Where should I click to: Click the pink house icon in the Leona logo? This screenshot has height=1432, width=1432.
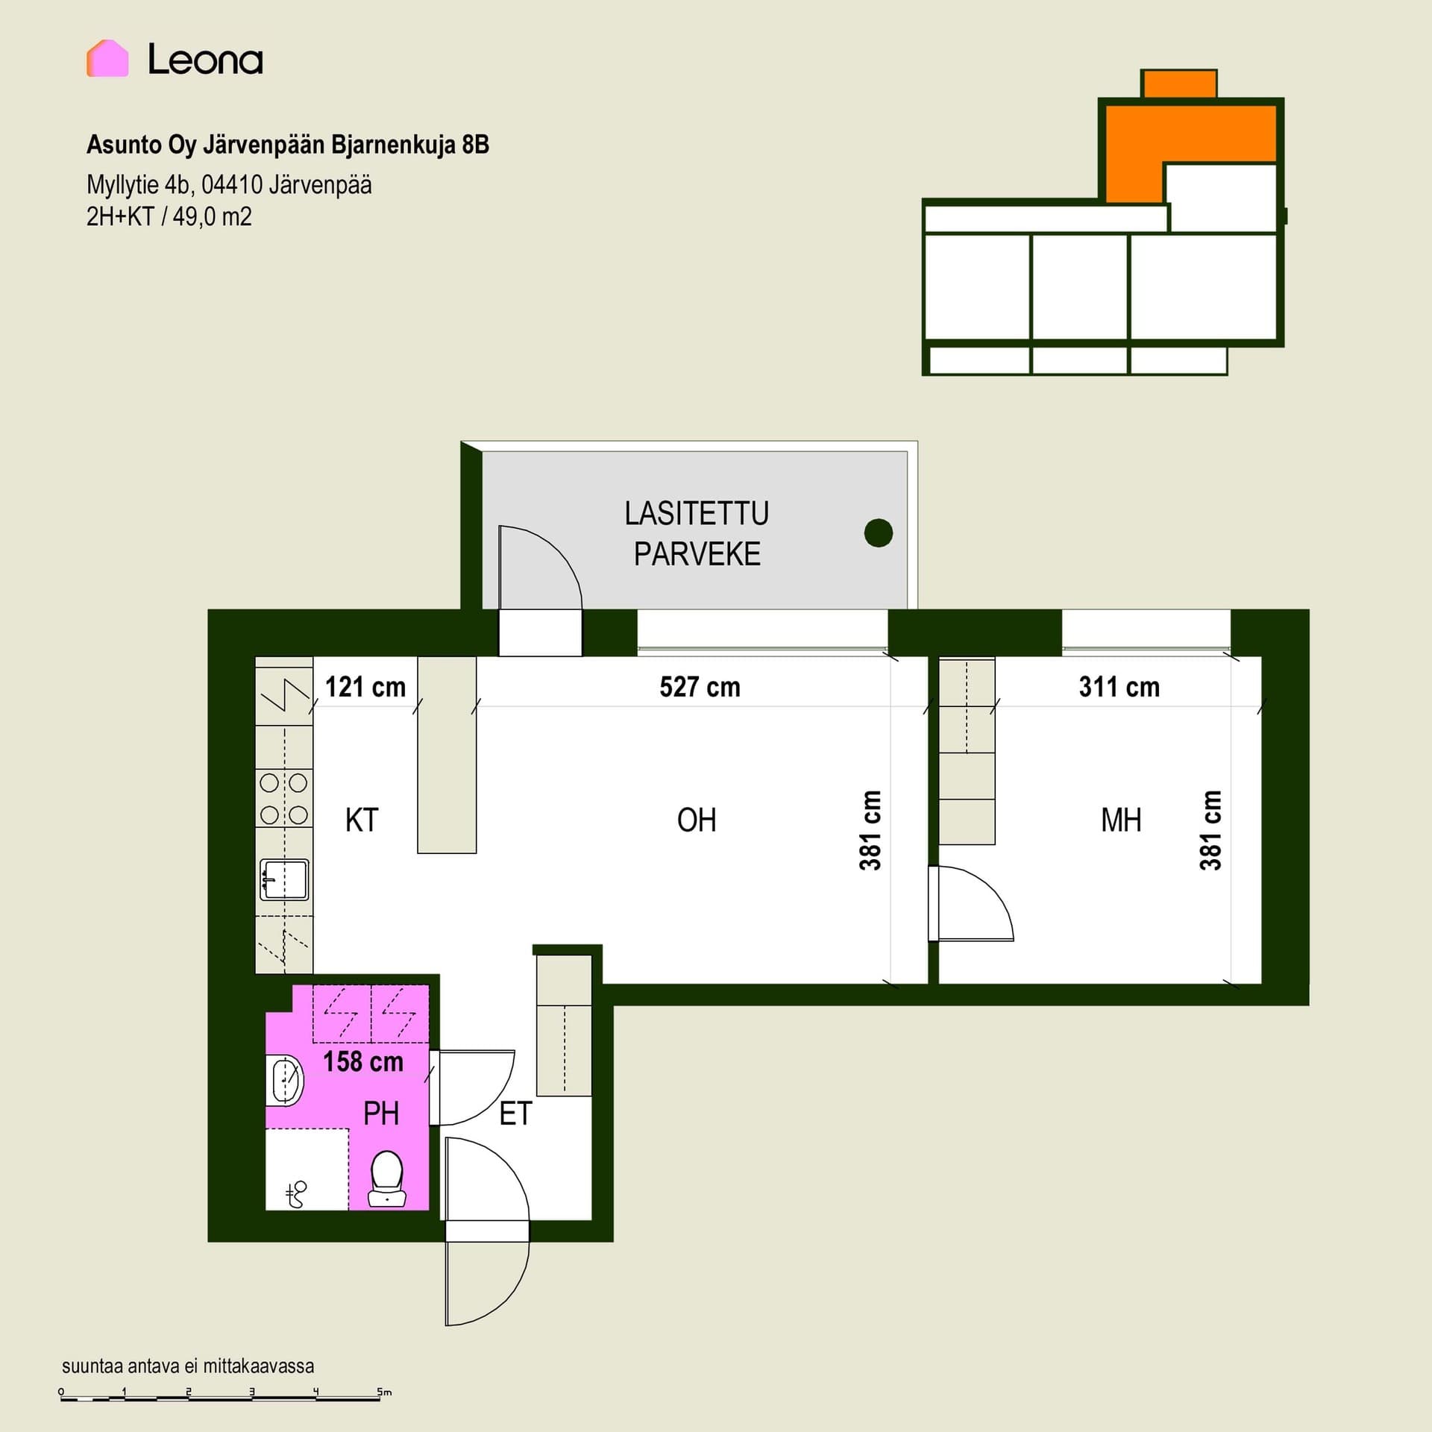[107, 58]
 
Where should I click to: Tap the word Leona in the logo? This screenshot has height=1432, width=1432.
[205, 59]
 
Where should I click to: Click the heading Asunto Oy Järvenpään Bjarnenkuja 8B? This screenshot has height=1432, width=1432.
[288, 145]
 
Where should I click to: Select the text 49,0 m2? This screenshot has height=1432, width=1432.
[213, 217]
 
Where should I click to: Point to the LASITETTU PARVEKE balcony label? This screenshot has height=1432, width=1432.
[697, 533]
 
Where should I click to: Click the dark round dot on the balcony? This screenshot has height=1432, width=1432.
[879, 533]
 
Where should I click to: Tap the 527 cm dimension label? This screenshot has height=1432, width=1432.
[700, 687]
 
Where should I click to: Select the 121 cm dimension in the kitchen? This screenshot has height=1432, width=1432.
[365, 687]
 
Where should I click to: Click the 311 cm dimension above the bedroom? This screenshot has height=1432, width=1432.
[1119, 687]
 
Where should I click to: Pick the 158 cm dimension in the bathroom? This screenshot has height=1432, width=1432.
[363, 1061]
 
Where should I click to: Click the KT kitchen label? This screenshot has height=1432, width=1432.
[362, 820]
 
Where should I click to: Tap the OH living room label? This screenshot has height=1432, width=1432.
[697, 820]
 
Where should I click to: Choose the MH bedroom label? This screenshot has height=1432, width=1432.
[1121, 820]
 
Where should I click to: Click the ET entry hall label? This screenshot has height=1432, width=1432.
[515, 1114]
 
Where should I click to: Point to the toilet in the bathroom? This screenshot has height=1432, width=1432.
[387, 1179]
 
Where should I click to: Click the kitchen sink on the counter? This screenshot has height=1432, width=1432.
[284, 880]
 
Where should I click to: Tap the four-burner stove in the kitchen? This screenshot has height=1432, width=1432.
[284, 799]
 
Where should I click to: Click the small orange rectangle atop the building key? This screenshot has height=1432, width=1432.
[1179, 84]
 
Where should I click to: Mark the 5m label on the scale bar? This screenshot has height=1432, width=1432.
[384, 1392]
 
